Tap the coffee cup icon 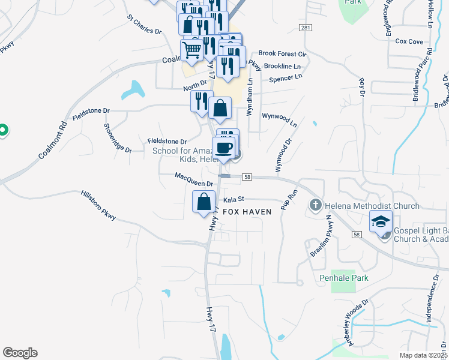[224, 146]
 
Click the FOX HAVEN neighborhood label [247, 212]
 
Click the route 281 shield [306, 28]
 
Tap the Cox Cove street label [409, 41]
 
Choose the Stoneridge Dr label [118, 138]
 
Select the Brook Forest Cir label [283, 54]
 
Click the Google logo [20, 353]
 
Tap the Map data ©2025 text [423, 355]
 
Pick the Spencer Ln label [286, 78]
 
